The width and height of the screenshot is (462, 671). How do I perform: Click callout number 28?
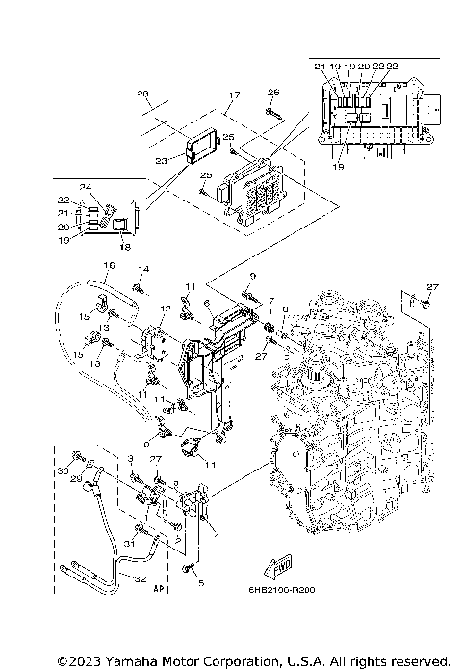point(143,94)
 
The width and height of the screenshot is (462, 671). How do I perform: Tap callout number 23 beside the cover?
point(162,161)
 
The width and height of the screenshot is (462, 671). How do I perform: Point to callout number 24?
point(85,186)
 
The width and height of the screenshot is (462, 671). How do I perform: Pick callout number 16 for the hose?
point(108,265)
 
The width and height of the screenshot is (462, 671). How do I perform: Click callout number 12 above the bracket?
point(166,309)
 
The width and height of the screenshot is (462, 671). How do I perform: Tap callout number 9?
point(252,277)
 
